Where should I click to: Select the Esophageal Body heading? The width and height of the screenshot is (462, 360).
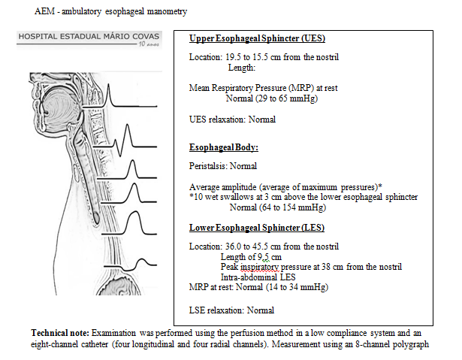coord(223,147)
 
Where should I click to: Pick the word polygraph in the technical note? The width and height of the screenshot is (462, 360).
coord(408,345)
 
